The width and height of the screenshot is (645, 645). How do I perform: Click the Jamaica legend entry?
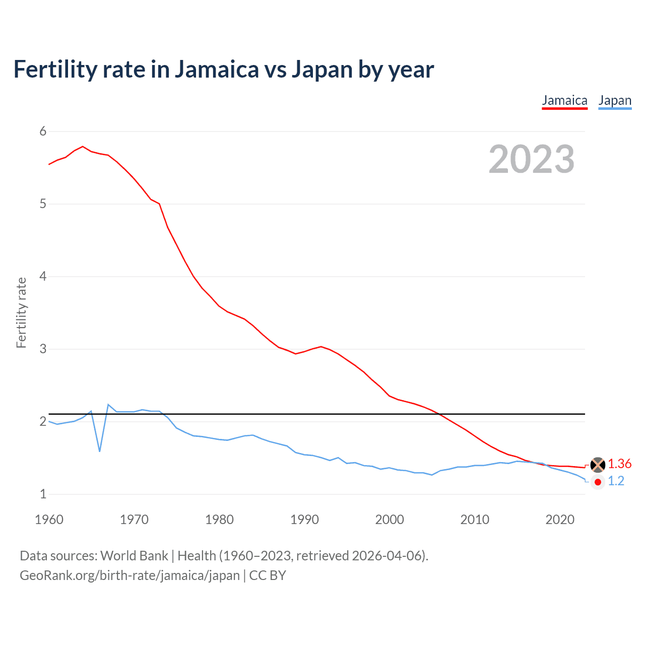[564, 100]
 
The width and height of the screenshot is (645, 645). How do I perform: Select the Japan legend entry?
[615, 100]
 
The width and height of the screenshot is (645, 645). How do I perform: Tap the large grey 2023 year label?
[531, 159]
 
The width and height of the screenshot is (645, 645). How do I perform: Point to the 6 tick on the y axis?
[43, 132]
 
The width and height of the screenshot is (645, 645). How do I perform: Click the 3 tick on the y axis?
[43, 349]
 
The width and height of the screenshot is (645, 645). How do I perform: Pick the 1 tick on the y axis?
[43, 494]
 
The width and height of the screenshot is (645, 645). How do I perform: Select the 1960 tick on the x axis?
[49, 520]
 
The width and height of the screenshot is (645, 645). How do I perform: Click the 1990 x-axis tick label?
[304, 520]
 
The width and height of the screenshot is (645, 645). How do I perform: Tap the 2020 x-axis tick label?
[560, 520]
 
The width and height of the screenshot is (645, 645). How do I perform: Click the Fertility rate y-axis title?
[21, 312]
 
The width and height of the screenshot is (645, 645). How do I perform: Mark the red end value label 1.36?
[619, 464]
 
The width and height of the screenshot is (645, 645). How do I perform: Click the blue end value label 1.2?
[616, 481]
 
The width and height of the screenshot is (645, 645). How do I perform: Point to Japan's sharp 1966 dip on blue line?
[100, 450]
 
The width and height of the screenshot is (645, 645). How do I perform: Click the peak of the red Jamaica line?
[83, 147]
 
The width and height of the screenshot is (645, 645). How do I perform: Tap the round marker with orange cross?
[598, 465]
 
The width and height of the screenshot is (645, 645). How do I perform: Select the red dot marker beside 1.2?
[598, 482]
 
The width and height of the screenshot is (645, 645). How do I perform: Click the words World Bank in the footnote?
[134, 556]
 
